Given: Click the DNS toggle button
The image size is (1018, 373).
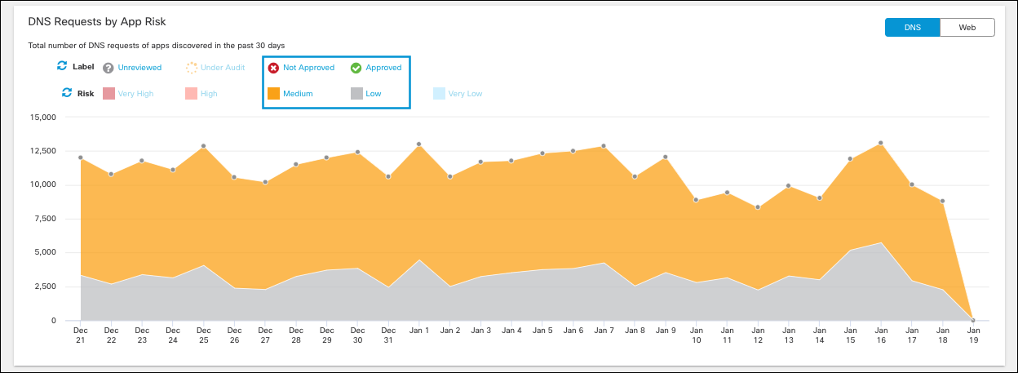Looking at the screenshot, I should (912, 27).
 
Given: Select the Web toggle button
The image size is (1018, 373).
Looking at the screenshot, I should (967, 27).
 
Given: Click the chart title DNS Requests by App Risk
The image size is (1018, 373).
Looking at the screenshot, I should (102, 21).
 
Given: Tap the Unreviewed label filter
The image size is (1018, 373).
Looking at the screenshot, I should (139, 68).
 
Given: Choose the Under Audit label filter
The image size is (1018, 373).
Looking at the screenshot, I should (223, 68).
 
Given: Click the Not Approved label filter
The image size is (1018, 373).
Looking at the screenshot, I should (308, 68).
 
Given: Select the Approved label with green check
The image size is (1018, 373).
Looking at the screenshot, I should (383, 68).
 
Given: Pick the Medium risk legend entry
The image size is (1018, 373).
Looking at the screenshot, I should (297, 94).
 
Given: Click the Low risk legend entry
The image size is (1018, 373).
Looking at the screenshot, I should (373, 94).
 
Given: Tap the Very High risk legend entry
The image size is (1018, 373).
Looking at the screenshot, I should (135, 94).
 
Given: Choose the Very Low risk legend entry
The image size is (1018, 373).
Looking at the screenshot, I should (465, 94).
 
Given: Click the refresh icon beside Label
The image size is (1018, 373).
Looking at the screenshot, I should (61, 66).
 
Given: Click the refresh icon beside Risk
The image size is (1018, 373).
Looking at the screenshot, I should (67, 93).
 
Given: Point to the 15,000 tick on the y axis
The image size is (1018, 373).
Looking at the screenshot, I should (42, 117).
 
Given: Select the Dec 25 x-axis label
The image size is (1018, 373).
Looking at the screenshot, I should (204, 335).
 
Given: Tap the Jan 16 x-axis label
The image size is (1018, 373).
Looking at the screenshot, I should (881, 335).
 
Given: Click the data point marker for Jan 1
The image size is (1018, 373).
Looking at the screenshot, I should (418, 144).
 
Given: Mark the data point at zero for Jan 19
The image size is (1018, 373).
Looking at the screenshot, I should (973, 320).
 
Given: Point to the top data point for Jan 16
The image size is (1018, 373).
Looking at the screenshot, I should (881, 143).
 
